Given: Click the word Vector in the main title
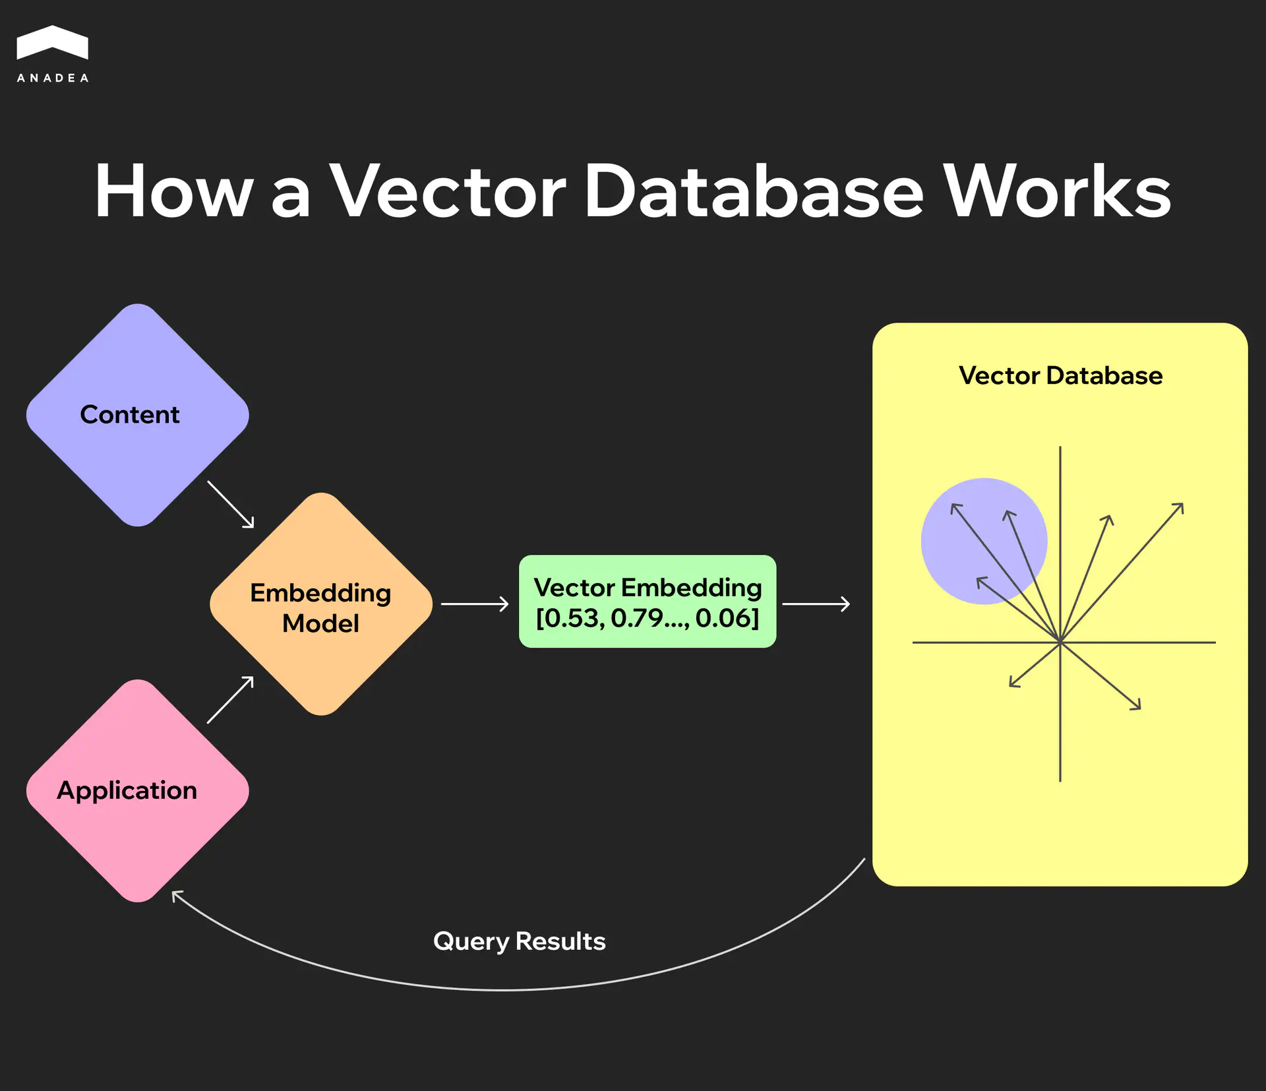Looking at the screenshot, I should click(x=448, y=192).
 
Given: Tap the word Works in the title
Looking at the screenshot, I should click(x=1057, y=192).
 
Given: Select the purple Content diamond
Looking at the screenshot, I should click(x=137, y=415).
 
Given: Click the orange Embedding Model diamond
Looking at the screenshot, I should click(x=321, y=604).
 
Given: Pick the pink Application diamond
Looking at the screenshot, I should click(x=137, y=791).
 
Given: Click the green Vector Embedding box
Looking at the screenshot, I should click(x=648, y=602).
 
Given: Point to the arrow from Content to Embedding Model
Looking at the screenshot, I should click(x=231, y=505).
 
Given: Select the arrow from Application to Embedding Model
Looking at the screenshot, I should click(x=231, y=700).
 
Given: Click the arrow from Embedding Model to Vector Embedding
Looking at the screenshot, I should click(x=475, y=604).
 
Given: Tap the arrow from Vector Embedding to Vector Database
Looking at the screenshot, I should click(x=816, y=604).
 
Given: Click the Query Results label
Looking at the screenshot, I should click(x=519, y=941).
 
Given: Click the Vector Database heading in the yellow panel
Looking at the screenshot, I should click(x=1060, y=375).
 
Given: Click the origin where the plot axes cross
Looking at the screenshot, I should click(x=1060, y=642).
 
